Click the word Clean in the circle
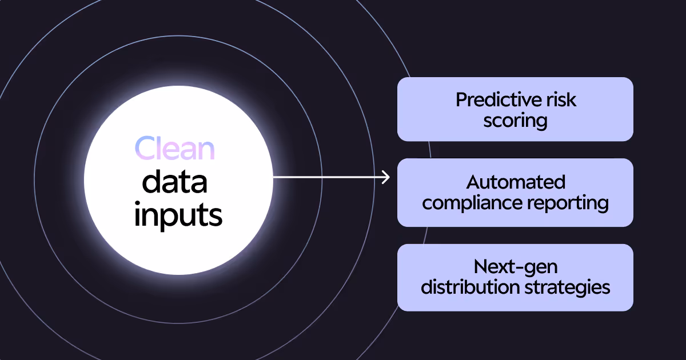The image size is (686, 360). (x=174, y=149)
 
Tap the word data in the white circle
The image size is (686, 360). (x=174, y=182)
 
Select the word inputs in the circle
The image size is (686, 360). (x=178, y=216)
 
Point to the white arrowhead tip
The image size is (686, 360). (x=389, y=177)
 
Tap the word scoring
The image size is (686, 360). (x=515, y=121)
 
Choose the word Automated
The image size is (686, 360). (x=516, y=182)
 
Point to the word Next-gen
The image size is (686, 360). (x=515, y=266)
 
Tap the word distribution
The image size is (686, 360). (x=469, y=287)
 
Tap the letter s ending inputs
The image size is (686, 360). (x=215, y=217)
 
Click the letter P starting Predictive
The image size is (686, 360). (x=461, y=100)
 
